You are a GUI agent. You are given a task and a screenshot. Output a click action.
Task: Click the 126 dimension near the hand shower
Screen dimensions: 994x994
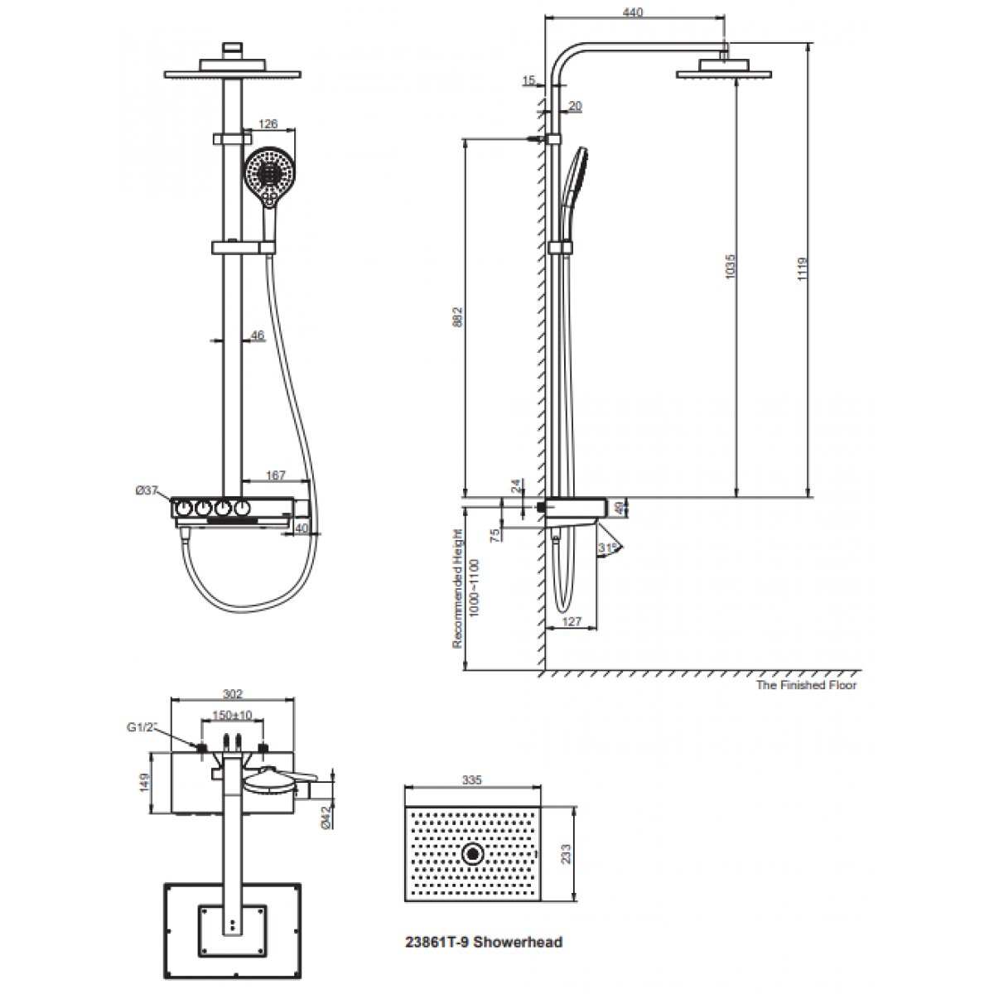click(268, 124)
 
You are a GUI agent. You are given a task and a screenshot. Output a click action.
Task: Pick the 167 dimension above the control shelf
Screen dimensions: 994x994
click(275, 475)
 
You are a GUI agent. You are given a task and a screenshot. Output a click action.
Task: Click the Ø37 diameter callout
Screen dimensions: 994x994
click(147, 491)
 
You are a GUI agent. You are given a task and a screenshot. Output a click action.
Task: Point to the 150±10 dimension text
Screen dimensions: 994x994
click(233, 714)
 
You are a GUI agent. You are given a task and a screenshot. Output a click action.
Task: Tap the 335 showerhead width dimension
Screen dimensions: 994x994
click(472, 780)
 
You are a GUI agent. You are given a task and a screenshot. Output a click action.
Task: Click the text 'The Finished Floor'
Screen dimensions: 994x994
click(806, 685)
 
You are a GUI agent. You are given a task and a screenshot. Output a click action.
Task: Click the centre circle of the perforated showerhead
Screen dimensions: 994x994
click(474, 853)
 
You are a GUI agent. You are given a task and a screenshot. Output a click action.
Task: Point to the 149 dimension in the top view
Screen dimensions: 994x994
click(145, 782)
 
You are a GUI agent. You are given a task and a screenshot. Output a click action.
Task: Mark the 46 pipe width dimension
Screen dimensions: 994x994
click(257, 335)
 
